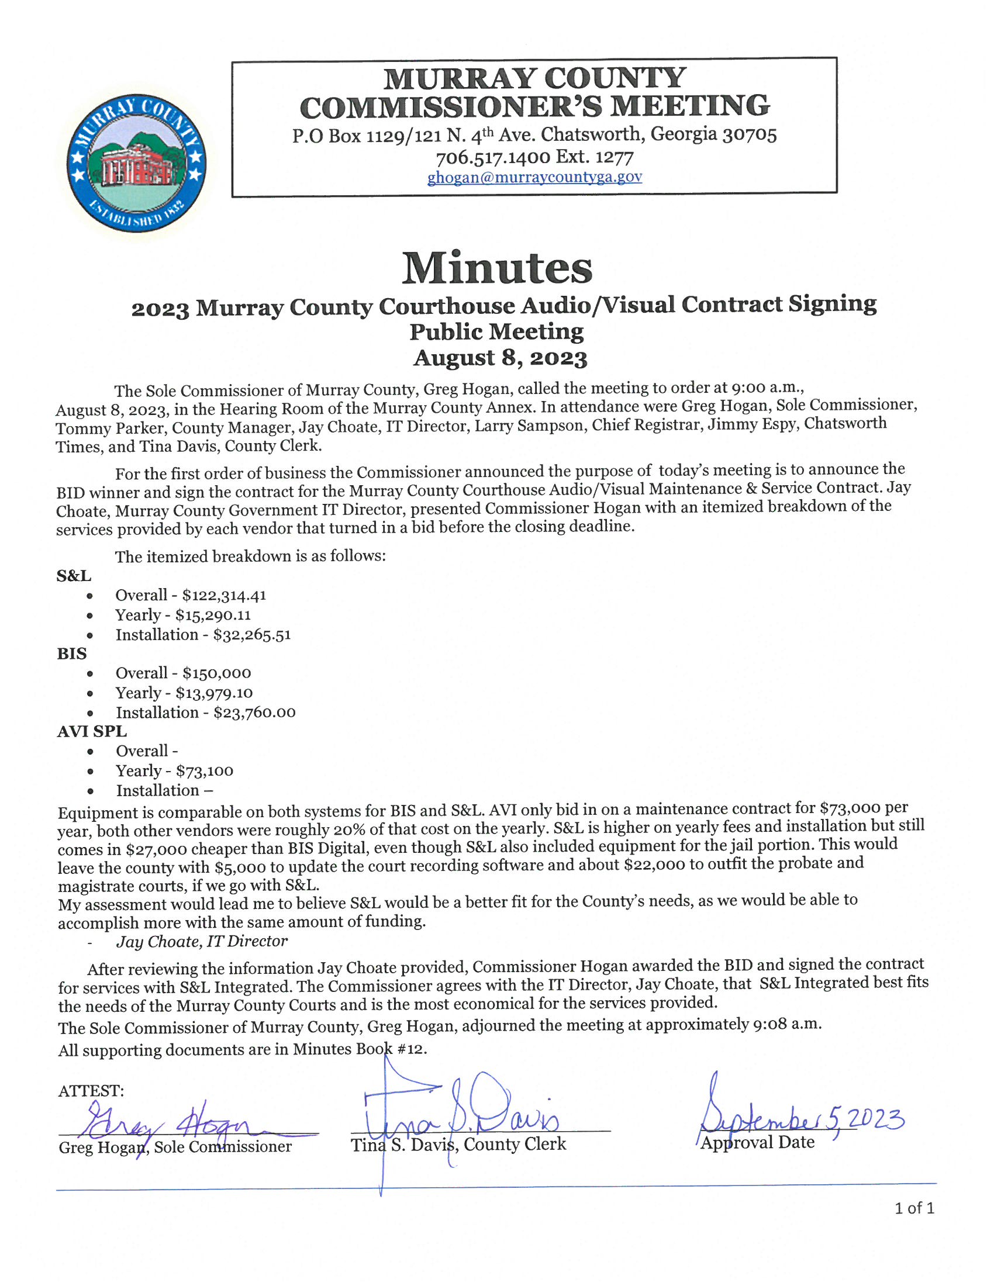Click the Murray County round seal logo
point(136,162)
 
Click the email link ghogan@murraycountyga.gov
point(534,177)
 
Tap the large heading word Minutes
point(497,268)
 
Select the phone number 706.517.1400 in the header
point(493,157)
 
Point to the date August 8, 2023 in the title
point(500,358)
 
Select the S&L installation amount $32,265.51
point(252,635)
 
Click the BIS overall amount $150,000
point(217,673)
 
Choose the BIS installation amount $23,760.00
point(254,713)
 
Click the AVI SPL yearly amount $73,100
point(204,771)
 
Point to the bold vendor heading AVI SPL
point(92,731)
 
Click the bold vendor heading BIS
point(72,654)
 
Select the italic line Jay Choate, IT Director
point(202,942)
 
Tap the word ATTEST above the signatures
point(91,1091)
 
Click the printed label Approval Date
point(758,1143)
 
